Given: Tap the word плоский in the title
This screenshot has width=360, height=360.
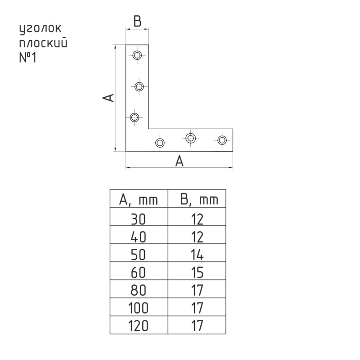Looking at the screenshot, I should (43, 44).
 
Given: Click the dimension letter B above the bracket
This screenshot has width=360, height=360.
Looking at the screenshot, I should (137, 21).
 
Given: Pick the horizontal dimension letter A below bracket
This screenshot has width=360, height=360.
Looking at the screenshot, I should (179, 161).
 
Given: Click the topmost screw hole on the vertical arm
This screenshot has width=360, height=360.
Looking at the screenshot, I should (137, 55).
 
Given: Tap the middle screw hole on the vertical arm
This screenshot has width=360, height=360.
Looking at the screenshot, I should (139, 86).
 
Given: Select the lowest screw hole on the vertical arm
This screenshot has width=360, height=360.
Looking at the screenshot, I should (134, 117).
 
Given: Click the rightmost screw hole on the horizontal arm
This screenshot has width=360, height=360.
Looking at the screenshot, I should (221, 140).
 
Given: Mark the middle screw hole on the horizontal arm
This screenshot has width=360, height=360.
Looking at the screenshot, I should (190, 138).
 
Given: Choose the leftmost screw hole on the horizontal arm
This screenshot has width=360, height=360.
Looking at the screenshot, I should (159, 143).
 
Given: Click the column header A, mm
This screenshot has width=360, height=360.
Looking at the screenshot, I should (139, 200).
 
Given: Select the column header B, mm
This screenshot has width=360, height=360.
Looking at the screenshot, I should (197, 200).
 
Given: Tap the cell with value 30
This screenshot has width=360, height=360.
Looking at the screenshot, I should (139, 219).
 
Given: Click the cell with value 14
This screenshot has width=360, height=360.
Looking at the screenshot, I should (197, 255).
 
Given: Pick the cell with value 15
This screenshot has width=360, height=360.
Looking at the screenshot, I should (197, 272).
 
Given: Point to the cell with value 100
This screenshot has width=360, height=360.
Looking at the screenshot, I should (139, 308).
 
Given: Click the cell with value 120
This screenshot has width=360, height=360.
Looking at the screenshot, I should (139, 325).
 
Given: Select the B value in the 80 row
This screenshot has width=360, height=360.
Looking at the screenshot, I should (197, 290).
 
